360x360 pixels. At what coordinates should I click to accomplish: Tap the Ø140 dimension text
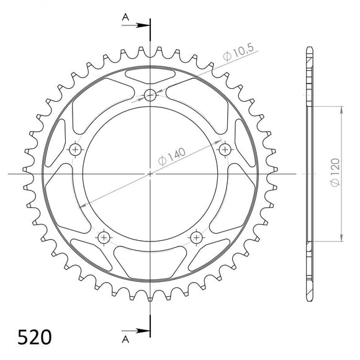pos(175,156)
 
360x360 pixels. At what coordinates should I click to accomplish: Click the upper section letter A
pos(125,19)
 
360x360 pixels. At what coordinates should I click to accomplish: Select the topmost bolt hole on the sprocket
pos(150,95)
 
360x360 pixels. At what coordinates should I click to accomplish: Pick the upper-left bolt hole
pos(76,149)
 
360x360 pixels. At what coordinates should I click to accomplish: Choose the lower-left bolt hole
pos(104,237)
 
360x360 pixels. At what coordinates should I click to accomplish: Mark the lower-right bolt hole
pos(196,237)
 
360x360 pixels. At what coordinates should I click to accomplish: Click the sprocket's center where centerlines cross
pos(150,174)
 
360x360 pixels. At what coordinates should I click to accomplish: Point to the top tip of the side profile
pos(309,47)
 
